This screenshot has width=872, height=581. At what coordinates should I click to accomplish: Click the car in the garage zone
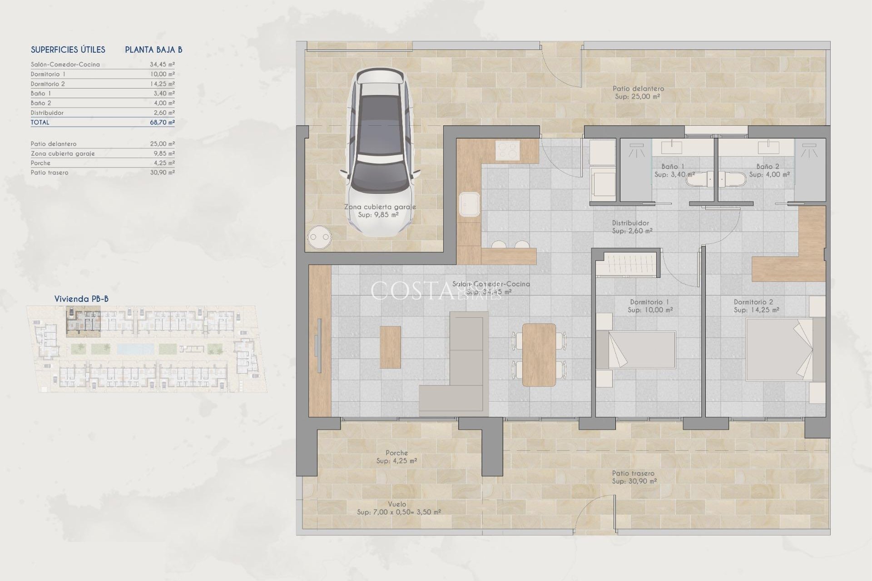point(380,152)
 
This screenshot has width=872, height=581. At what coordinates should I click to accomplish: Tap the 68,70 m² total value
point(162,122)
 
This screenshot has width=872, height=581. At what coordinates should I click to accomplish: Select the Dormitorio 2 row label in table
point(48,84)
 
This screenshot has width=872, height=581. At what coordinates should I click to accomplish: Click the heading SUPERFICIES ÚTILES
point(68,50)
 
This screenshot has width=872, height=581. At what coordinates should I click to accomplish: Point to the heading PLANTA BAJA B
point(154,50)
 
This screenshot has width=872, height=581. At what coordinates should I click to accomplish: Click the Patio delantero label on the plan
point(638,89)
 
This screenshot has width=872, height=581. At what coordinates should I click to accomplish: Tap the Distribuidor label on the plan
point(630,223)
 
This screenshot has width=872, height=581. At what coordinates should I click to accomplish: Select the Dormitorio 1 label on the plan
point(649,302)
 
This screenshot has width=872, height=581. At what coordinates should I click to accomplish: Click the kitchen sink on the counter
point(469,204)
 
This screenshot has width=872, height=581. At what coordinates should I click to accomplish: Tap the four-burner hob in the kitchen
point(507,150)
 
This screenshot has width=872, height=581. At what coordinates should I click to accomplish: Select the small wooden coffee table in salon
point(390,347)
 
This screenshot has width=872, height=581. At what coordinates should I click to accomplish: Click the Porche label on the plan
point(396,453)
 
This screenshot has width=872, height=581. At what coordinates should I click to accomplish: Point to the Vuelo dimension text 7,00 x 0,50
point(398,512)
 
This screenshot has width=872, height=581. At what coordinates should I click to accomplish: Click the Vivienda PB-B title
point(81,299)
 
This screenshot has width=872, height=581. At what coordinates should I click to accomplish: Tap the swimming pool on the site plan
point(135,349)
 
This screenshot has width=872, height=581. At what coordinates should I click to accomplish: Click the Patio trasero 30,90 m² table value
point(162,172)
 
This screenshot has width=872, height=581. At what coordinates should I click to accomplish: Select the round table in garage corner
point(319,237)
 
